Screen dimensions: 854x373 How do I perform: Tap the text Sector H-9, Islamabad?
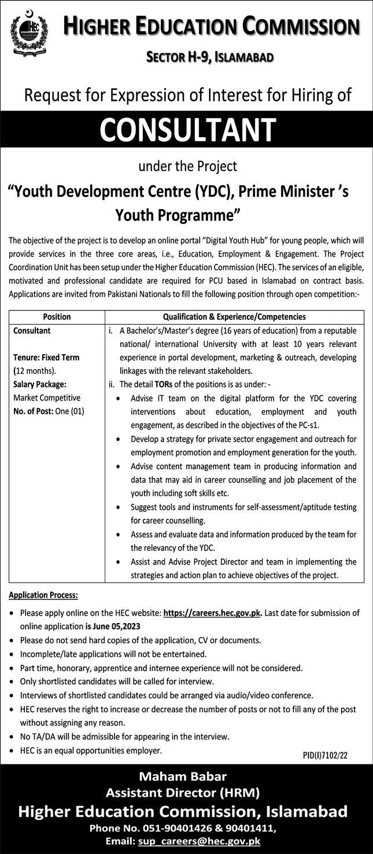pyautogui.click(x=209, y=56)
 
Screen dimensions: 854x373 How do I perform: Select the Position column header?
pyautogui.click(x=57, y=316)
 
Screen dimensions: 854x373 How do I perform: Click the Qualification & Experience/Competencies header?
pyautogui.click(x=234, y=316)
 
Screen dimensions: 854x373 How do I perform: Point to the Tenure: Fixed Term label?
pyautogui.click(x=46, y=358)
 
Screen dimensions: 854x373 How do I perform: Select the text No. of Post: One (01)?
pyautogui.click(x=49, y=411)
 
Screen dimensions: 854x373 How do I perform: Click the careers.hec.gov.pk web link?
pyautogui.click(x=212, y=613)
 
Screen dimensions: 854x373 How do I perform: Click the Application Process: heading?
pyautogui.click(x=43, y=595)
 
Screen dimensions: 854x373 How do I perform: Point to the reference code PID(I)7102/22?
pyautogui.click(x=325, y=755)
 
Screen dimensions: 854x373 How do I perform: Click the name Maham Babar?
pyautogui.click(x=186, y=776)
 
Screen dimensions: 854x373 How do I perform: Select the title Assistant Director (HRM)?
pyautogui.click(x=186, y=793)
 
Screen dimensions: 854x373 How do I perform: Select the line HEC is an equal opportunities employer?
pyautogui.click(x=91, y=750)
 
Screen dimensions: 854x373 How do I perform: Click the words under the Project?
pyautogui.click(x=187, y=166)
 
